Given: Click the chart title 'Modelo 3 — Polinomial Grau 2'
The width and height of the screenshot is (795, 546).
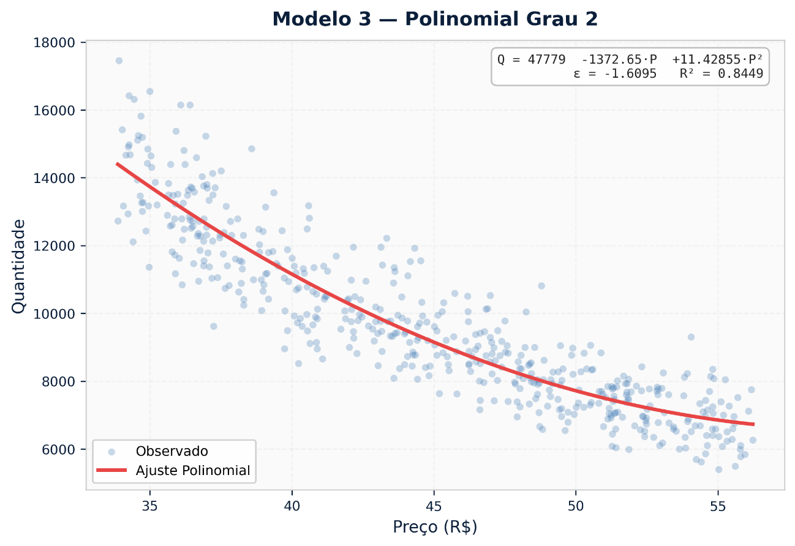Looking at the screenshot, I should pyautogui.click(x=435, y=20).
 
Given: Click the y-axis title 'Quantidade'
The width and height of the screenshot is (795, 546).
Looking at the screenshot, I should pyautogui.click(x=19, y=266).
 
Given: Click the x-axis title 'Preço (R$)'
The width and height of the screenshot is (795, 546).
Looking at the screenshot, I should pyautogui.click(x=435, y=527).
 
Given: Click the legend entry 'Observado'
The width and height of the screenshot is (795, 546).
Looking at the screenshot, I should pyautogui.click(x=172, y=452).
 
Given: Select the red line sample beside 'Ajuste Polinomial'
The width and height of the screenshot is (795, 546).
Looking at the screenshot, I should pyautogui.click(x=111, y=471).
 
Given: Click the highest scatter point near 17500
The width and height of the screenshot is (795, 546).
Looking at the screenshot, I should pyautogui.click(x=119, y=61).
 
